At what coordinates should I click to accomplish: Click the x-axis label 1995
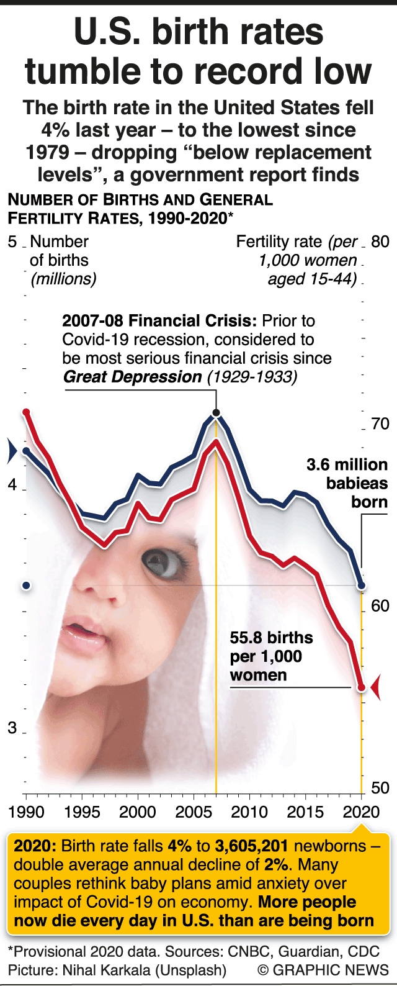pyautogui.click(x=82, y=812)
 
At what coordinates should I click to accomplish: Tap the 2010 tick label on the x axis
pyautogui.click(x=249, y=812)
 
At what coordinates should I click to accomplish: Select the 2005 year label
pyautogui.click(x=194, y=812)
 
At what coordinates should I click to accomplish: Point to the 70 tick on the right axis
pyautogui.click(x=380, y=424)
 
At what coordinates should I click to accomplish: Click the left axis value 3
pyautogui.click(x=12, y=728)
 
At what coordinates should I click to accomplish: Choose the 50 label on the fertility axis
pyautogui.click(x=380, y=788)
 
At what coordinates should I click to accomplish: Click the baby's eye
pyautogui.click(x=167, y=562)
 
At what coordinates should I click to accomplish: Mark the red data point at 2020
pyautogui.click(x=362, y=687)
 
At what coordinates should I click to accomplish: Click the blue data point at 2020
pyautogui.click(x=362, y=586)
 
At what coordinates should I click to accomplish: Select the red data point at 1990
pyautogui.click(x=26, y=412)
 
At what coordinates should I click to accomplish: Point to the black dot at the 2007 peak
pyautogui.click(x=216, y=413)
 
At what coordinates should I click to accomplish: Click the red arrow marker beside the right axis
pyautogui.click(x=375, y=687)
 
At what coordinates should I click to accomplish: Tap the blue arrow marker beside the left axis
pyautogui.click(x=11, y=451)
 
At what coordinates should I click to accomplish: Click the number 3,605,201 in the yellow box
pyautogui.click(x=252, y=846)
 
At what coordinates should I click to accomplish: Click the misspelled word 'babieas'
pyautogui.click(x=357, y=484)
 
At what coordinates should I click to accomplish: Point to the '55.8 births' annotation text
pyautogui.click(x=271, y=638)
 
